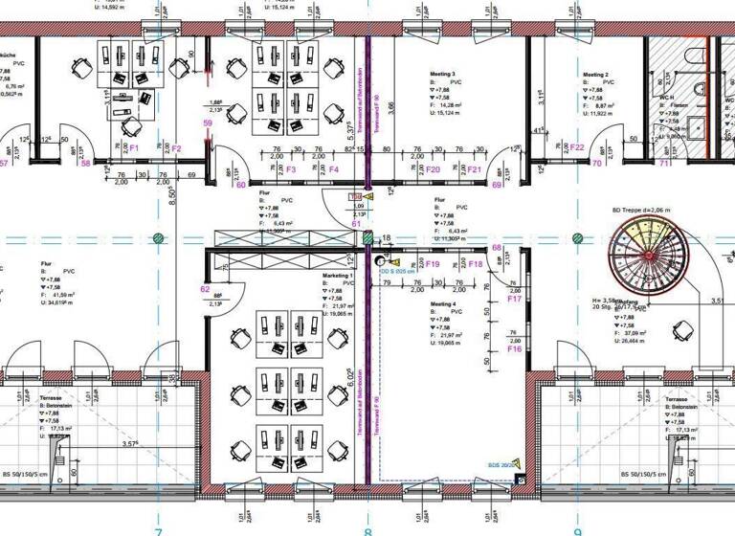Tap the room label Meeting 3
click(x=440, y=74)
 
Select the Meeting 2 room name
click(x=595, y=74)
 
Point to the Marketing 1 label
click(x=338, y=276)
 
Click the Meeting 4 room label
click(x=443, y=304)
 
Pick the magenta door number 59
click(x=207, y=123)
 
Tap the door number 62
click(x=205, y=288)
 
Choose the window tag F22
click(x=577, y=146)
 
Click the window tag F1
click(x=134, y=148)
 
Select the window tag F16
click(x=514, y=349)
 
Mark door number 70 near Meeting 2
click(x=596, y=164)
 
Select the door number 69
click(x=497, y=186)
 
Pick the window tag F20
click(x=433, y=169)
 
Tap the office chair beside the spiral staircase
click(x=682, y=331)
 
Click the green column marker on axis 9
click(x=577, y=237)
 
